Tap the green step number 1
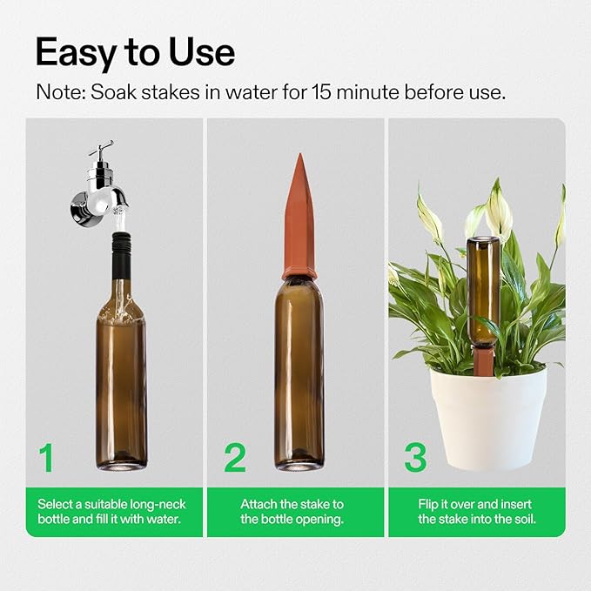pos(46,458)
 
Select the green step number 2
pos(234,458)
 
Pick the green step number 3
pos(416,458)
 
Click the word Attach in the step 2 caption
pos(259,504)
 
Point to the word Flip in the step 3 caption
pos(432,504)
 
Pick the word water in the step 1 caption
pos(162,520)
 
